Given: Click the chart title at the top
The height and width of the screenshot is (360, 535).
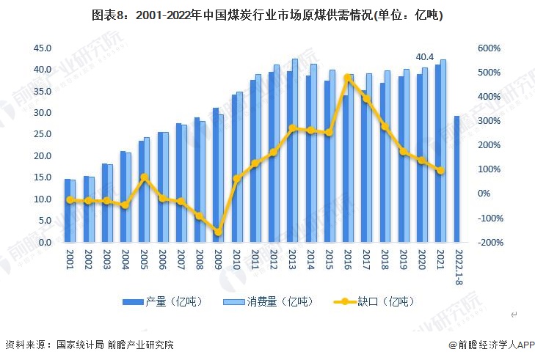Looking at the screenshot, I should click(267, 15).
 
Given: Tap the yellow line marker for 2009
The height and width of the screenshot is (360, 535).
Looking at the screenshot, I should click(218, 232).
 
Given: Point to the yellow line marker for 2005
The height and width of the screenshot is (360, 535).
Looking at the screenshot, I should click(145, 177).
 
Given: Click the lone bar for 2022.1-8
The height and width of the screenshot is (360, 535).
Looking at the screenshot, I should click(456, 179).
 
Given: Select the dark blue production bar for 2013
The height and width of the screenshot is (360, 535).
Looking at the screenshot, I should click(289, 156).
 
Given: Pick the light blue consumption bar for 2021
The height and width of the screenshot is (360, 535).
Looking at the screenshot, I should click(443, 150).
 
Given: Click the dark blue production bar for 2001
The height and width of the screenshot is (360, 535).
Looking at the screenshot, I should click(68, 210).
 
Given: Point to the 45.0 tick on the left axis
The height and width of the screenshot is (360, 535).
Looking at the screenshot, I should click(42, 48).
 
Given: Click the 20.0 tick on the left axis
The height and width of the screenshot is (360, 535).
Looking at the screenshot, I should click(42, 156).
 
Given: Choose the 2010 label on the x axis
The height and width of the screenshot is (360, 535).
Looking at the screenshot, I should click(236, 260).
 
